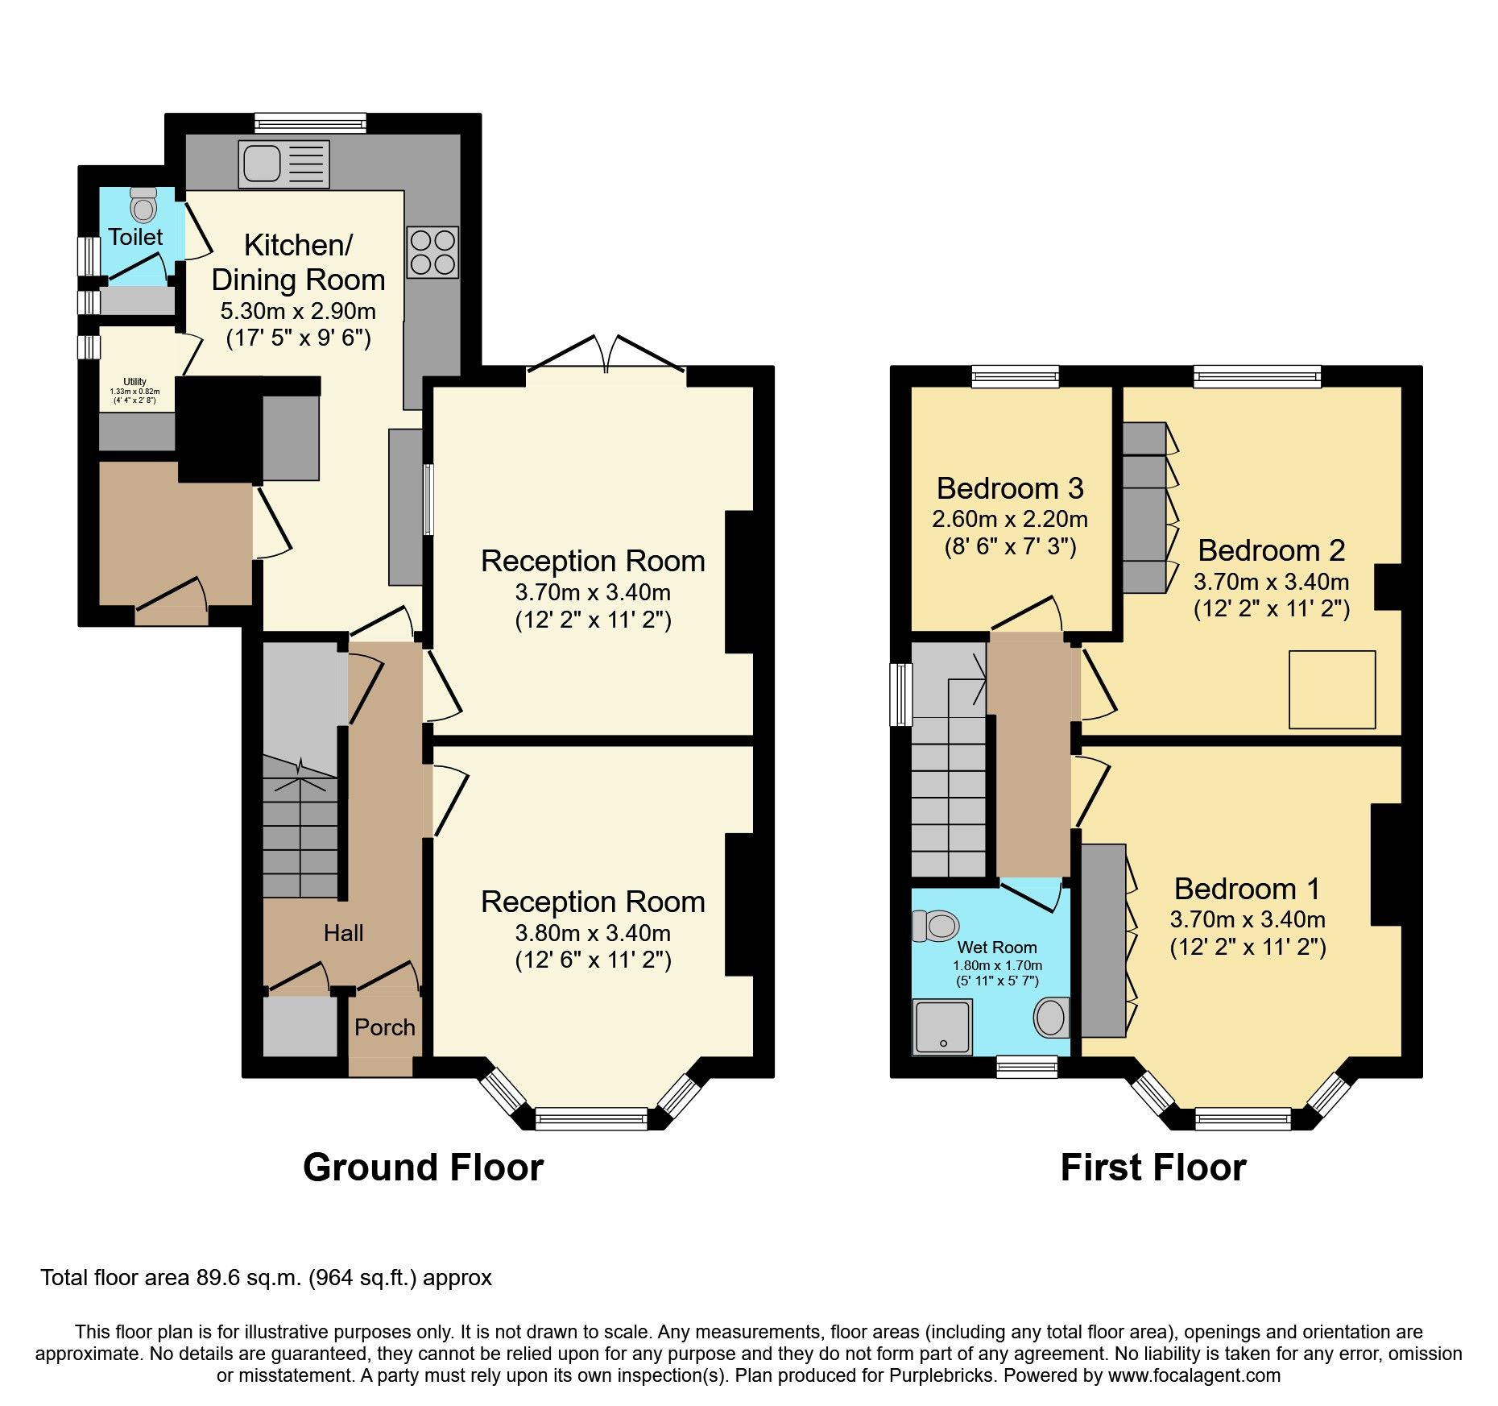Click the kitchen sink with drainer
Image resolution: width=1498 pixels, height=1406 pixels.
pos(283,164)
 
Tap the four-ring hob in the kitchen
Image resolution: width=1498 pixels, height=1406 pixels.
pos(432,252)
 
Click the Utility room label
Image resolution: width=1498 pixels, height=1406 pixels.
pos(134,382)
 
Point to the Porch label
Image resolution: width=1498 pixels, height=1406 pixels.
pos(384,1027)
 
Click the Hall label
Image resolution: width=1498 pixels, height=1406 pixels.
pos(343,933)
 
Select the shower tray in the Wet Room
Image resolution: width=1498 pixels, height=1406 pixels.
pos(942,1027)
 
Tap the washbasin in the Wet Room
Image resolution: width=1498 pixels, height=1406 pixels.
pos(1051,1018)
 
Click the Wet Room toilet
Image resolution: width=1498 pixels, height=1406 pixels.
pos(936,926)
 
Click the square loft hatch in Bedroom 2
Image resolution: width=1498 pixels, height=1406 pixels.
pos(1332,690)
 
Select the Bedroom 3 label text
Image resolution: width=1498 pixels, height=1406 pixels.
pos(1010,488)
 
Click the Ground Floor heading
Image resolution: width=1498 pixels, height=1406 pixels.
pos(423,1168)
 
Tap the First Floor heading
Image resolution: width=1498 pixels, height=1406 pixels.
pos(1153,1168)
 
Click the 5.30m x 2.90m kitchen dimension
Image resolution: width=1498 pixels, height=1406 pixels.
pos(298,311)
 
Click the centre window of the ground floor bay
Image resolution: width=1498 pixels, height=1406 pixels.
pos(591,1118)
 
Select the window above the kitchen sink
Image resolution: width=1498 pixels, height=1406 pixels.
pos(310,123)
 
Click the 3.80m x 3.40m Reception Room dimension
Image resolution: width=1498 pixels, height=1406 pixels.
pos(593,933)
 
